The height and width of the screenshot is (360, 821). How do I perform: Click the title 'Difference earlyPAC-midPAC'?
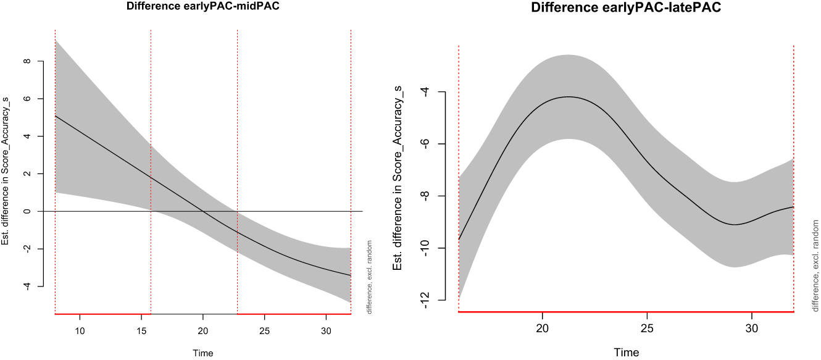(x=202, y=7)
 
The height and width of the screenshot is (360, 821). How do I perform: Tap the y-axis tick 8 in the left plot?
(x=27, y=61)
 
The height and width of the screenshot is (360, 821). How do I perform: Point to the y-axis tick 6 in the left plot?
(x=27, y=99)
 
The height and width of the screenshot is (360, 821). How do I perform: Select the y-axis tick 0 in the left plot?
(x=27, y=211)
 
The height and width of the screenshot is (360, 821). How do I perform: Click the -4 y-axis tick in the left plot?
(x=27, y=286)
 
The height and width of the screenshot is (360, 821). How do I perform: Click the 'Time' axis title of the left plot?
(x=202, y=353)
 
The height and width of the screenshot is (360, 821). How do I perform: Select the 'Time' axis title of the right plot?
(x=626, y=352)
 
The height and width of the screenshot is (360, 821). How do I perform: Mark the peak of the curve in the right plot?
(x=569, y=96)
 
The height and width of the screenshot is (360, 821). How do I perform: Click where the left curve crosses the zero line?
(x=203, y=211)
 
